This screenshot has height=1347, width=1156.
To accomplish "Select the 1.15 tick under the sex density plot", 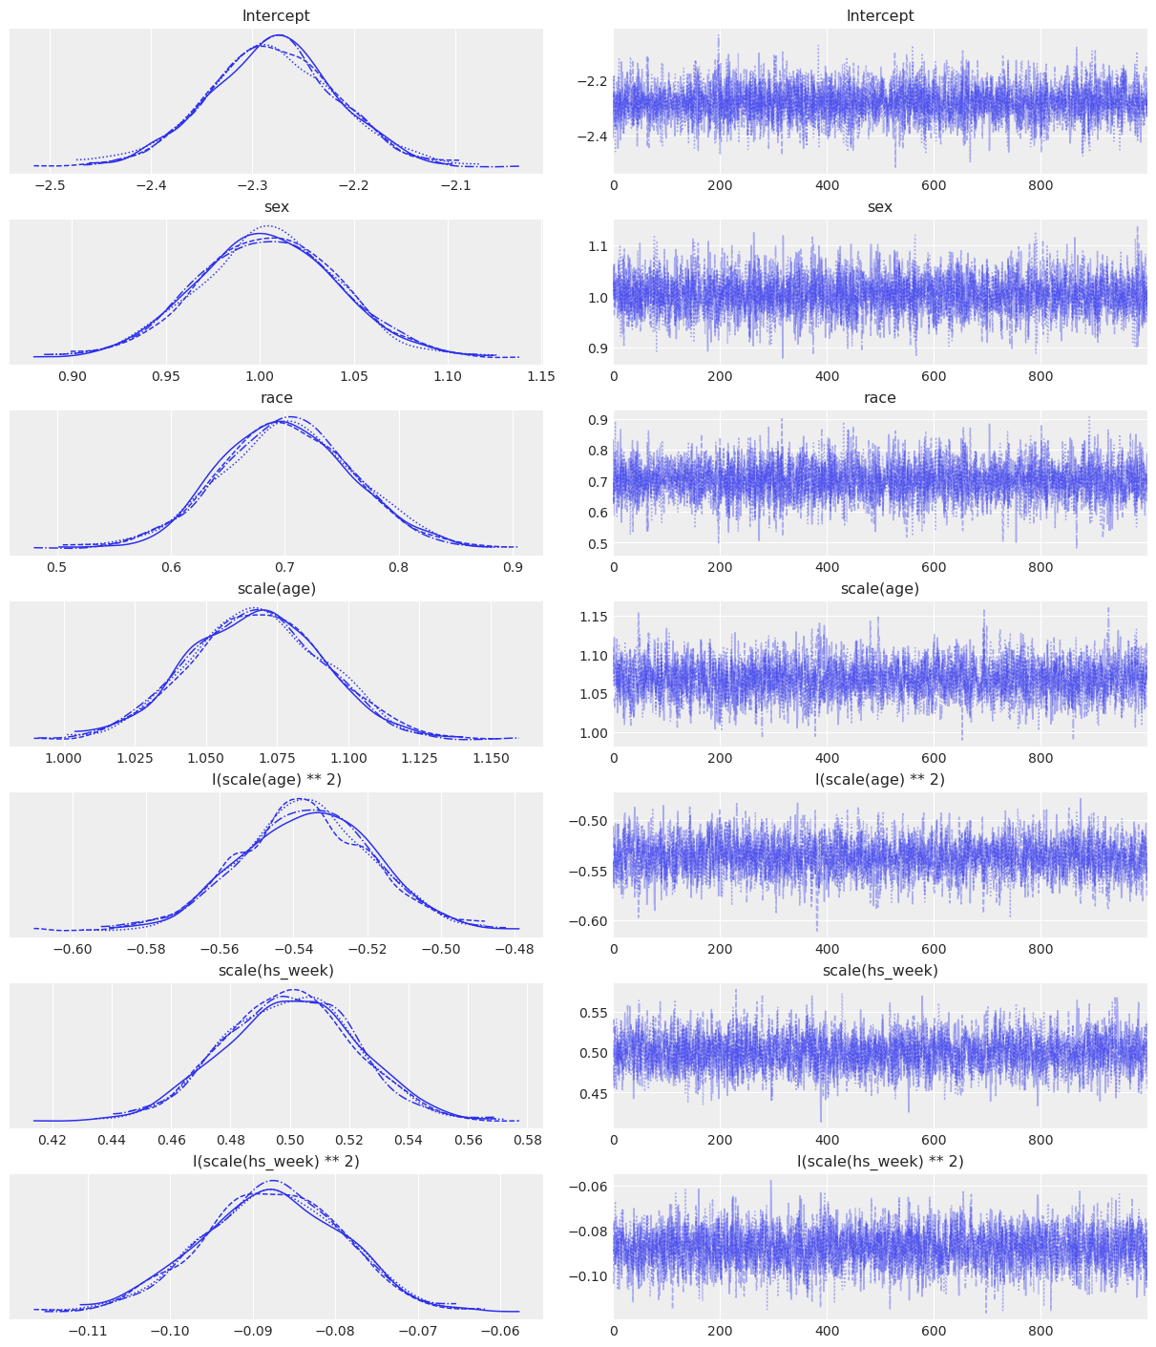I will [x=541, y=376].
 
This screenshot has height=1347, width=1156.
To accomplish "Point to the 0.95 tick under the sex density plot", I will [x=166, y=376].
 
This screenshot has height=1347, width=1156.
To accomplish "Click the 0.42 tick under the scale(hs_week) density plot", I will [x=53, y=1140].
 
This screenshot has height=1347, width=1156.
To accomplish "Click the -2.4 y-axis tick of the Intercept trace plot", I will [x=590, y=137].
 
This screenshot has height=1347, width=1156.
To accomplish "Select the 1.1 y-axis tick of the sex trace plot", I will [x=596, y=246].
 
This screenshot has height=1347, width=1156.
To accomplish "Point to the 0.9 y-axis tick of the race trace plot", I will [x=596, y=420].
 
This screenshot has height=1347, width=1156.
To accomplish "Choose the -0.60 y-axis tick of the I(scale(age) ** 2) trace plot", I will [x=585, y=921].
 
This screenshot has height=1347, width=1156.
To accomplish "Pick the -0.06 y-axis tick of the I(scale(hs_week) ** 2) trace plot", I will [x=585, y=1186].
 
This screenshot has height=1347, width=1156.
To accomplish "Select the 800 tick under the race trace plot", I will [x=1040, y=567].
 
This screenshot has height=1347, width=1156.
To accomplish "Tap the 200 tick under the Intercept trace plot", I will [x=720, y=185].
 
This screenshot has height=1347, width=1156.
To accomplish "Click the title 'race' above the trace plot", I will [x=879, y=398].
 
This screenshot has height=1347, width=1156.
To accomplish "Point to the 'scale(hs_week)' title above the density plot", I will [x=276, y=971].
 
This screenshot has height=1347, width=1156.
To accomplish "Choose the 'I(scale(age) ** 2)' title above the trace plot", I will [x=879, y=780].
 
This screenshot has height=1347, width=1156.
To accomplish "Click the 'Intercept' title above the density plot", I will [x=276, y=16].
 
